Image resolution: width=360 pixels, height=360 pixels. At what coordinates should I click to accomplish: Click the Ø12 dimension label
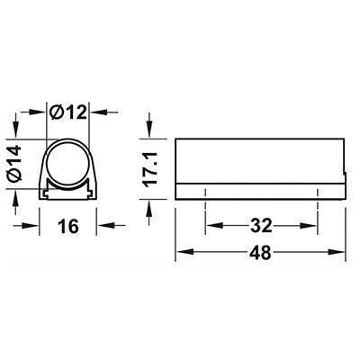(x=68, y=112)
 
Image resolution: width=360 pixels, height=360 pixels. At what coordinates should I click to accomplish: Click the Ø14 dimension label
(x=15, y=164)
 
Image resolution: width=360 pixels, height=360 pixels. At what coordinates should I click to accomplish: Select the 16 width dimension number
(x=68, y=226)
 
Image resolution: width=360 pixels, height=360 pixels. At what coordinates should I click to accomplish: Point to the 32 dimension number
(x=261, y=226)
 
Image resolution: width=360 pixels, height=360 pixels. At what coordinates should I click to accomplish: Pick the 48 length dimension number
(x=260, y=252)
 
